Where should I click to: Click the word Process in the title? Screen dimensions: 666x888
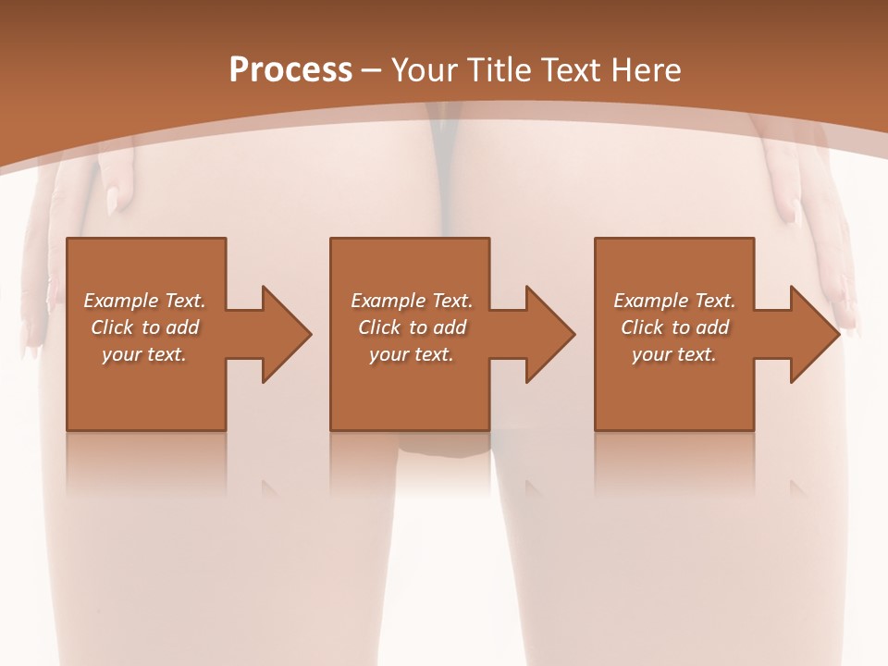(290, 70)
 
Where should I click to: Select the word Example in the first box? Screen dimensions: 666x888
(121, 301)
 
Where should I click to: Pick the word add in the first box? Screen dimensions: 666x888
(181, 327)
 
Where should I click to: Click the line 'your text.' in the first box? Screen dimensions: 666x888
(144, 354)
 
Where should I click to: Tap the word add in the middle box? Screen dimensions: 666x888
(449, 327)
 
